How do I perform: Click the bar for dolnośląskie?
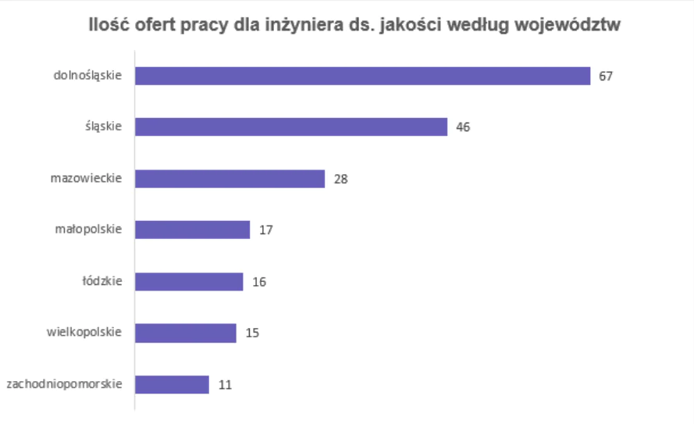[x=362, y=76]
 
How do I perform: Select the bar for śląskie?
[x=291, y=127]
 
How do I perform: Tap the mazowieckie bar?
[x=230, y=179]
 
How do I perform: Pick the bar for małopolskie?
[x=192, y=230]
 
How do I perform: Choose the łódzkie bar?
[x=189, y=281]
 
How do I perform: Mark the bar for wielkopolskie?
[x=186, y=333]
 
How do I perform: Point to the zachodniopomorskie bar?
[x=172, y=384]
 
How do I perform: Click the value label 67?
[x=606, y=77]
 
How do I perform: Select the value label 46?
[x=463, y=127]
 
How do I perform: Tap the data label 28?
[x=340, y=179]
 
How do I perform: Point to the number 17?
[x=265, y=230]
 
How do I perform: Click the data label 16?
[x=259, y=282]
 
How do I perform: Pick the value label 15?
[x=252, y=333]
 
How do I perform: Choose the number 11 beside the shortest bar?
[x=225, y=385]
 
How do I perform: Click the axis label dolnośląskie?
[x=87, y=76]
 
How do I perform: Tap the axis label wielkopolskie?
[x=84, y=333]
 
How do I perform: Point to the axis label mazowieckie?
[x=86, y=179]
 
